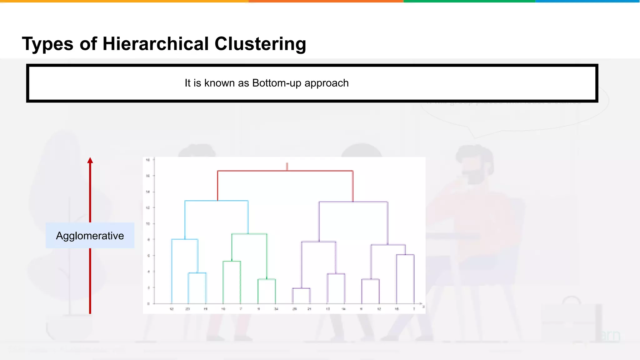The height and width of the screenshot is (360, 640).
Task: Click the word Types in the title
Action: [x=47, y=44]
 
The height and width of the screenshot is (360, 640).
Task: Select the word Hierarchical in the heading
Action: [x=155, y=44]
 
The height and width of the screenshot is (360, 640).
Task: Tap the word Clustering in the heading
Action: [x=260, y=44]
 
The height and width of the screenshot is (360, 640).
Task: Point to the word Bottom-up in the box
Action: [x=277, y=83]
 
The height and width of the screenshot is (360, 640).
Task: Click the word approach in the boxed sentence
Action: [x=326, y=83]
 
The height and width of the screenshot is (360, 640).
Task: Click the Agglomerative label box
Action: [x=90, y=236]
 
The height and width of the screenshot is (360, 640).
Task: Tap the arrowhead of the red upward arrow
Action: [x=90, y=160]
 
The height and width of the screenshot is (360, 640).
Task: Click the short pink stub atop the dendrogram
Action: [x=287, y=167]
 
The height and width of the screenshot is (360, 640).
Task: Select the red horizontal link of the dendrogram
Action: [x=285, y=171]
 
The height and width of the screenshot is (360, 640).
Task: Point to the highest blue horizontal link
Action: [x=216, y=201]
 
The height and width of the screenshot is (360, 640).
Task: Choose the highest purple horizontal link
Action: [x=353, y=202]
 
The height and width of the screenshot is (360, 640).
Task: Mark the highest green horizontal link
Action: [x=249, y=234]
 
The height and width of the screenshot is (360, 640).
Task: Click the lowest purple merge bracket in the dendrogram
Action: [x=301, y=288]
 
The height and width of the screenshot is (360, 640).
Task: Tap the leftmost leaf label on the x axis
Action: [x=172, y=309]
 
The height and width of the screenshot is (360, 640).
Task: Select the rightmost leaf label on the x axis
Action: [x=414, y=309]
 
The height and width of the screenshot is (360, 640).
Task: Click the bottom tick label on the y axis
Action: [x=148, y=303]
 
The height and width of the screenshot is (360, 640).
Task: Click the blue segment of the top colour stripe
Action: [x=587, y=1]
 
